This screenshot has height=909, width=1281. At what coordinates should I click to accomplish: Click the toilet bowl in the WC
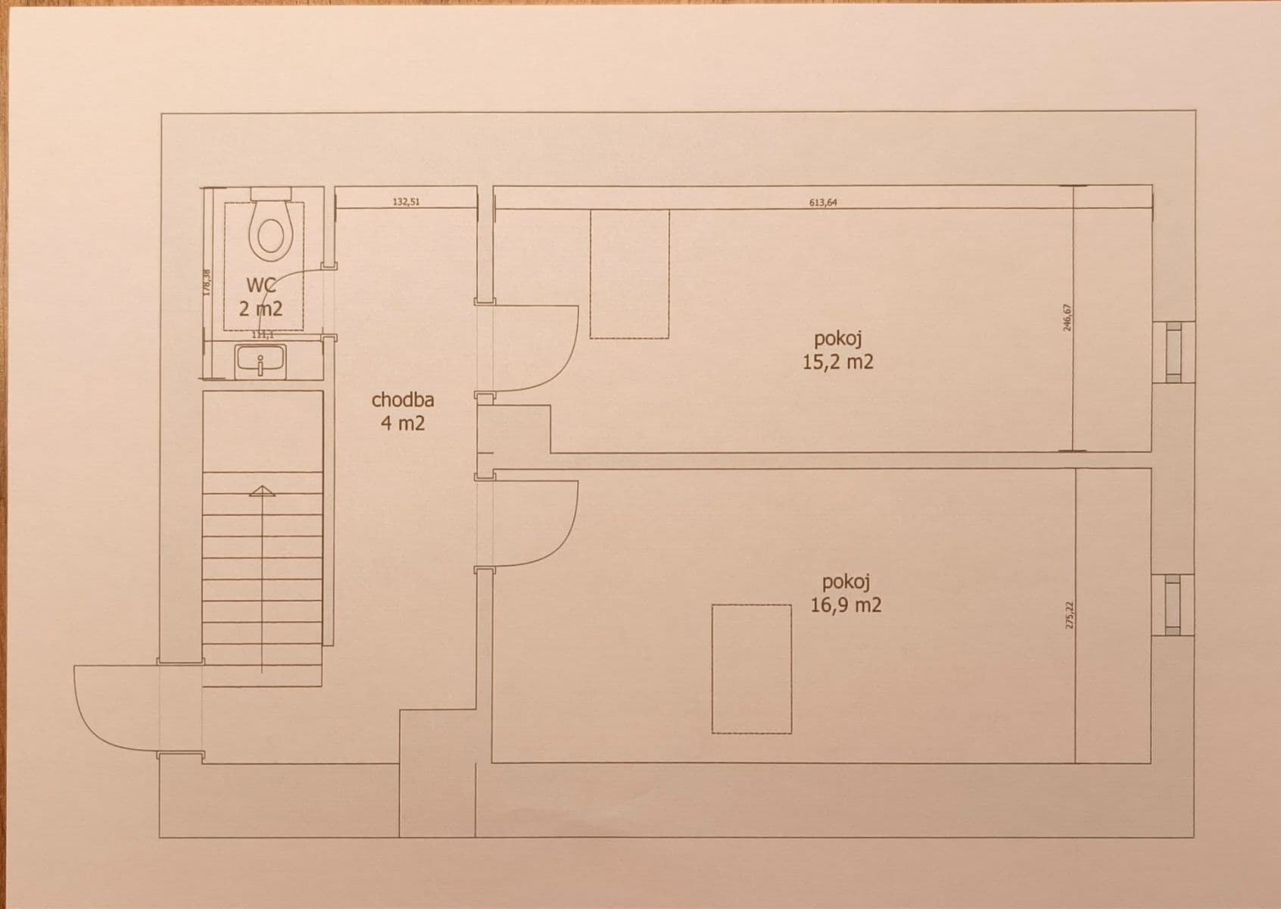click(270, 231)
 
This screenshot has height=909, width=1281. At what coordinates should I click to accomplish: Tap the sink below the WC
click(260, 361)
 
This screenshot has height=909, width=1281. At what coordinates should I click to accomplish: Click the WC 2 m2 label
click(260, 297)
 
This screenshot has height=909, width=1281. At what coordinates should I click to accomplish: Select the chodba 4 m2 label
click(403, 411)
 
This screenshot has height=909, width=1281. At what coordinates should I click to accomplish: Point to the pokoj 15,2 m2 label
click(838, 350)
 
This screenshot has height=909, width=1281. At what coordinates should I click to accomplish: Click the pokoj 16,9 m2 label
click(846, 593)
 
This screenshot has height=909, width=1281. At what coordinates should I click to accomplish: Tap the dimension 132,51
click(406, 202)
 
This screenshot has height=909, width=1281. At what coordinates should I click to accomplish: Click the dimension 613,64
click(823, 202)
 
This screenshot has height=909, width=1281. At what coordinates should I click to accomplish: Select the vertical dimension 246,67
click(1067, 317)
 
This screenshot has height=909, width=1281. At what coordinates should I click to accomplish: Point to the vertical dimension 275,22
click(1069, 616)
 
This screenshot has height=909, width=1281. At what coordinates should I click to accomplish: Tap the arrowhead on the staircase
click(262, 491)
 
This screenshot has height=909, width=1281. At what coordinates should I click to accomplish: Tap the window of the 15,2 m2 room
click(1173, 351)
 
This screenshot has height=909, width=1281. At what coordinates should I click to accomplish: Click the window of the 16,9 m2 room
click(1173, 604)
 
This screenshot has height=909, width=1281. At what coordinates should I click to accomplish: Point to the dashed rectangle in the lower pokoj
click(752, 668)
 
